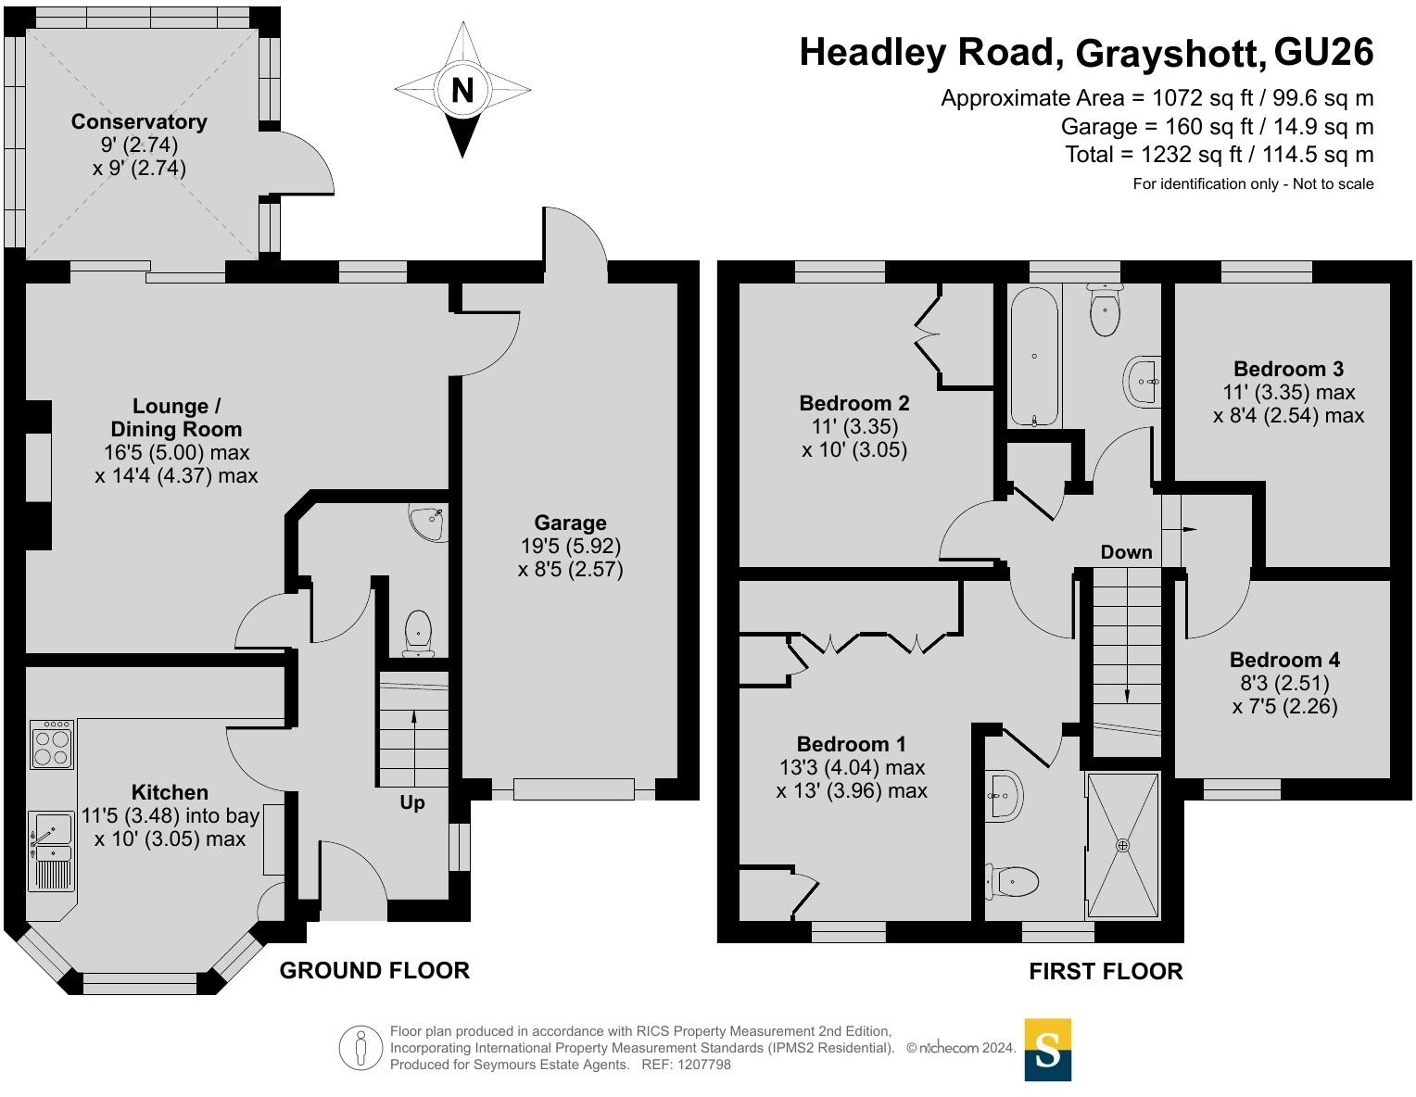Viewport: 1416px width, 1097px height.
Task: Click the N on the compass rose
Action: pyautogui.click(x=462, y=89)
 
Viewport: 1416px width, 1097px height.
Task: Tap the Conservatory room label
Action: pyautogui.click(x=139, y=121)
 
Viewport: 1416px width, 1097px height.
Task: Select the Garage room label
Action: pyautogui.click(x=570, y=523)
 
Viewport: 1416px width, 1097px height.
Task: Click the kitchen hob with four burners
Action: pyautogui.click(x=52, y=744)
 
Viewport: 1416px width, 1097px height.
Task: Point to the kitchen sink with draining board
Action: pyautogui.click(x=51, y=851)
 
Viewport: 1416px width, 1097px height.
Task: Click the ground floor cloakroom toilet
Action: pyautogui.click(x=418, y=634)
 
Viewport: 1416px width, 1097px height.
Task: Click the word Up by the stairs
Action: pyautogui.click(x=412, y=802)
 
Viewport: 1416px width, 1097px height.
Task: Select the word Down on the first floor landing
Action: pyautogui.click(x=1126, y=552)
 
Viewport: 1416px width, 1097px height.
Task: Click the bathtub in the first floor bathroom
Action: pyautogui.click(x=1034, y=357)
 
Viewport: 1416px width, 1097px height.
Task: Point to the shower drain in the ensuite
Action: pyautogui.click(x=1122, y=846)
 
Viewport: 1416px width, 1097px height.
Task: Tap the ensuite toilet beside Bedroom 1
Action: pyautogui.click(x=1011, y=882)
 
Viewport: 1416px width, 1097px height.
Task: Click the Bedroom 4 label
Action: pyautogui.click(x=1284, y=660)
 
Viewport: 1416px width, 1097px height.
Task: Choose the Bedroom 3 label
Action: pyautogui.click(x=1288, y=369)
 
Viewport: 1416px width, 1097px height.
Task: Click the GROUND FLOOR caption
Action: pyautogui.click(x=374, y=971)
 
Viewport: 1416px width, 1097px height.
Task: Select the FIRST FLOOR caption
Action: pyautogui.click(x=1106, y=971)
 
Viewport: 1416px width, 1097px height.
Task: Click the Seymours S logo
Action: pyautogui.click(x=1048, y=1050)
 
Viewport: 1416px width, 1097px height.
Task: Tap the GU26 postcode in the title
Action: pyautogui.click(x=1323, y=52)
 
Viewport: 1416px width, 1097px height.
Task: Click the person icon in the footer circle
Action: pyautogui.click(x=360, y=1048)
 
